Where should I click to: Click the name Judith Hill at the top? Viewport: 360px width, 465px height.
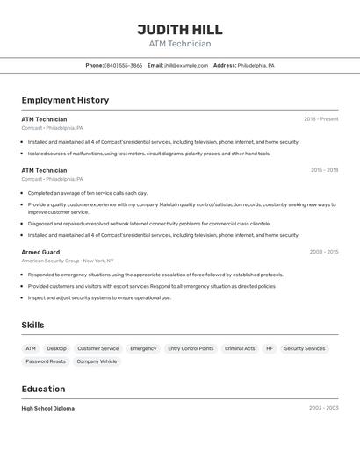[x=180, y=29]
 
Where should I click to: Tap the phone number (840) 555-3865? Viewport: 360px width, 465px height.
[x=124, y=65]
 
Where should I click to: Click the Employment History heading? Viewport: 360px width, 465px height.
[x=65, y=100]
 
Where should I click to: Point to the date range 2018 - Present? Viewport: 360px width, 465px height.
[x=320, y=119]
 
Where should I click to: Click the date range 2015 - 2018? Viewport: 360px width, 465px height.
[x=324, y=170]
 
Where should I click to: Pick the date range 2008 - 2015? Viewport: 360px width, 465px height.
[x=323, y=252]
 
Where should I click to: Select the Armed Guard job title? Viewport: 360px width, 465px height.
[x=40, y=252]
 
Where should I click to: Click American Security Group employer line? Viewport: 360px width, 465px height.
[x=68, y=261]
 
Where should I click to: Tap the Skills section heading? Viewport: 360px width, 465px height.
[x=33, y=325]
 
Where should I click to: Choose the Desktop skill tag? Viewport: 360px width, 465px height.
[x=56, y=348]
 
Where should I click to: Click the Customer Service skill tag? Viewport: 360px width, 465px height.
[x=98, y=348]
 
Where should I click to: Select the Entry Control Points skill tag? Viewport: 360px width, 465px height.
[x=191, y=348]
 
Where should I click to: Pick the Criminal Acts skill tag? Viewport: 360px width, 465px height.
[x=240, y=348]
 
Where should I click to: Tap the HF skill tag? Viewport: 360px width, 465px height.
[x=270, y=348]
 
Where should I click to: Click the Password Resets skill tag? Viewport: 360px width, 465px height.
[x=46, y=361]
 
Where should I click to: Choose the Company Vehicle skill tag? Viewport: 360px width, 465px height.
[x=97, y=361]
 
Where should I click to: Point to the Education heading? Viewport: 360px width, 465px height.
[x=43, y=389]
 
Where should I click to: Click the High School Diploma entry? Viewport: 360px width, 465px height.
[x=48, y=408]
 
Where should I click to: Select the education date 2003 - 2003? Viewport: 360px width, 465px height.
[x=323, y=408]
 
